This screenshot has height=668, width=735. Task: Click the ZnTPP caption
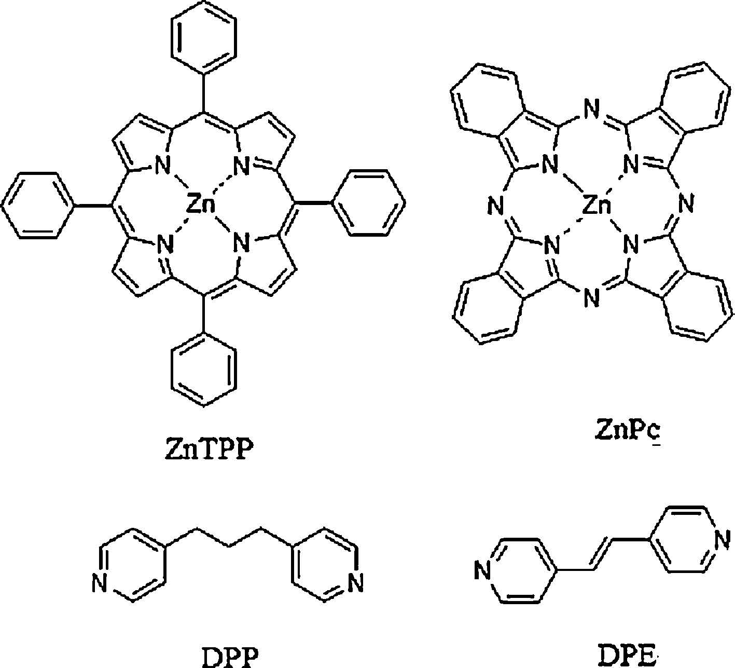tap(210, 449)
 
